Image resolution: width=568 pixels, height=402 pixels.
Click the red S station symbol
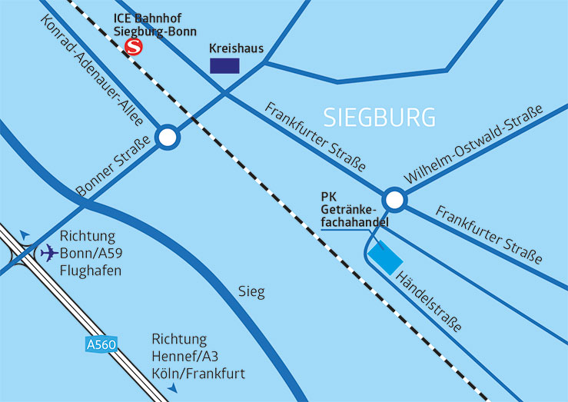[x=134, y=48]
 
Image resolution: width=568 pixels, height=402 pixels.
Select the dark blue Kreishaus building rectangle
[x=224, y=65]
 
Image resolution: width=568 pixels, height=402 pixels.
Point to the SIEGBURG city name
[x=380, y=117]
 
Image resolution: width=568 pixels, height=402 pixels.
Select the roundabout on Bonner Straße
[x=168, y=138]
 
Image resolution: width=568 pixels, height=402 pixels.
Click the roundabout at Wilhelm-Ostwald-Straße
[x=395, y=201]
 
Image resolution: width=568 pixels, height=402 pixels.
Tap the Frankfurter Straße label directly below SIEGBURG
[x=315, y=135]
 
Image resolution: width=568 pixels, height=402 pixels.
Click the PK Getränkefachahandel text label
[x=353, y=208]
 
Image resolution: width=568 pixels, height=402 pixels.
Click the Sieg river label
[x=251, y=292]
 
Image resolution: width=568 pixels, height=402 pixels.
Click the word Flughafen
[x=91, y=271]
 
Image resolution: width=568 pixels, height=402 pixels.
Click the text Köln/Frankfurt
[x=198, y=374]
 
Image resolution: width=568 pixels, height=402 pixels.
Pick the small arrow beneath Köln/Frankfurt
[x=173, y=390]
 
